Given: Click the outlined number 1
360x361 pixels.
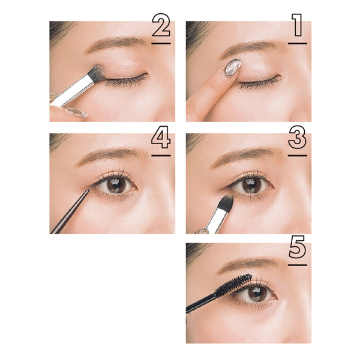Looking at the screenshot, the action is (298, 25).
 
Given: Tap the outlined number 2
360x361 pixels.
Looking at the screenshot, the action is (161, 25).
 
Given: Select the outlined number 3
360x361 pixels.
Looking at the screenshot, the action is (298, 138).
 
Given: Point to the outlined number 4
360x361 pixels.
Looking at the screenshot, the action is (161, 138).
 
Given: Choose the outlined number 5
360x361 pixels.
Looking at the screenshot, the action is (298, 247).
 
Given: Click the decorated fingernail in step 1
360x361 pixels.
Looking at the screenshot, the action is (232, 67).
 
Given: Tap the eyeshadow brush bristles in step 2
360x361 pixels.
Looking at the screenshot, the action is (97, 73).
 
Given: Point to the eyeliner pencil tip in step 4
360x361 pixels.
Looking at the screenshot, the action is (89, 190).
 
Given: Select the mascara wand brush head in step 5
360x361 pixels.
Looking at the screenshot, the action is (233, 284).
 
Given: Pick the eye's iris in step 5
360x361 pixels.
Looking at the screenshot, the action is (257, 294).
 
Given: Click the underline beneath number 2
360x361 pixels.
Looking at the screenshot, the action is (161, 43).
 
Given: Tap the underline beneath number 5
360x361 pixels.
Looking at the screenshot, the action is (298, 265).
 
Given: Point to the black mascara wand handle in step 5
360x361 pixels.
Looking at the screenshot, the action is (200, 302).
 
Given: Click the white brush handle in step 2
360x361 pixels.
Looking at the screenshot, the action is (73, 91).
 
